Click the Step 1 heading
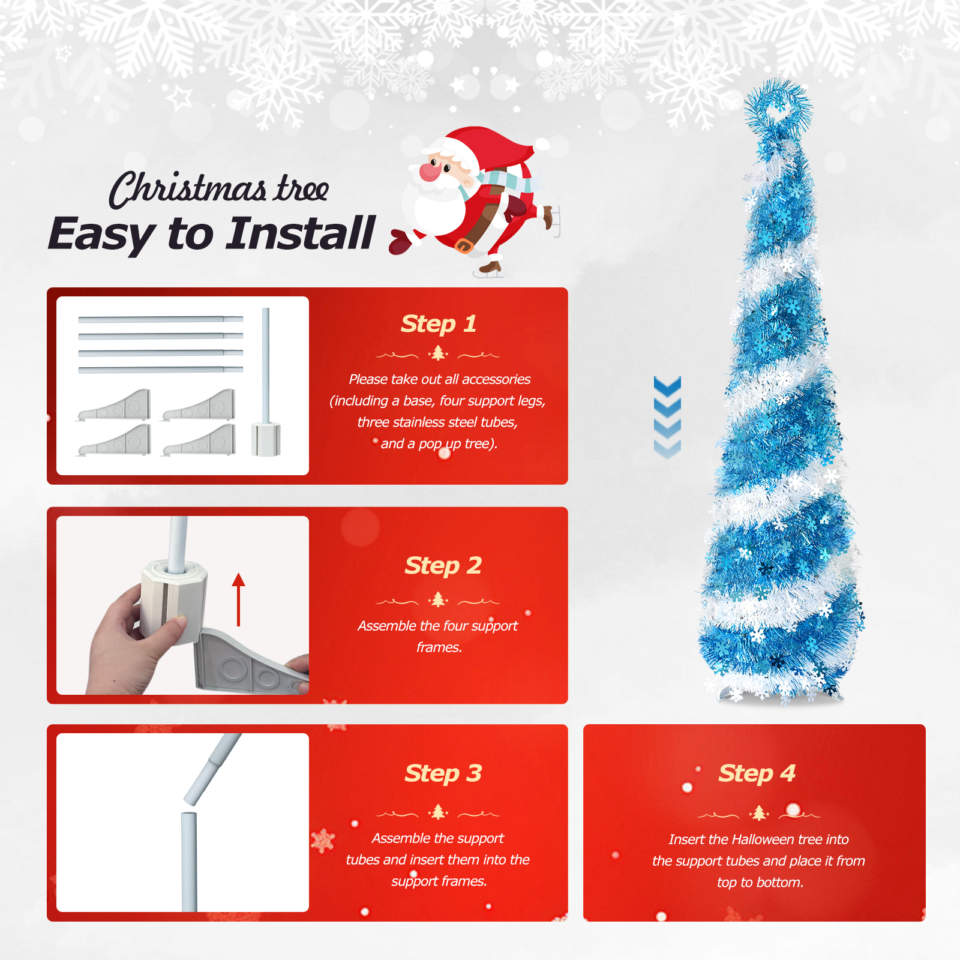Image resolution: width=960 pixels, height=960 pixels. click(439, 324)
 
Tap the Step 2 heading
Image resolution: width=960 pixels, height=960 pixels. click(443, 566)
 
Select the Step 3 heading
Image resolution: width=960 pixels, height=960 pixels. click(443, 773)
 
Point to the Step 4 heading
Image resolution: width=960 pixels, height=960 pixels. click(757, 773)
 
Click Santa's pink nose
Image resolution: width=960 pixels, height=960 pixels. click(430, 171)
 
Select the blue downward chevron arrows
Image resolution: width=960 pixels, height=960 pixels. click(667, 417)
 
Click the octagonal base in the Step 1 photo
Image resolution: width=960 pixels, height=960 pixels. click(266, 439)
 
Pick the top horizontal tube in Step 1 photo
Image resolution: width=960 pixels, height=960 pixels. click(160, 319)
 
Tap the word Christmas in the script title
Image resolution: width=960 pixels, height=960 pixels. click(187, 189)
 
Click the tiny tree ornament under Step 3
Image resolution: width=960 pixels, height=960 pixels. click(438, 812)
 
